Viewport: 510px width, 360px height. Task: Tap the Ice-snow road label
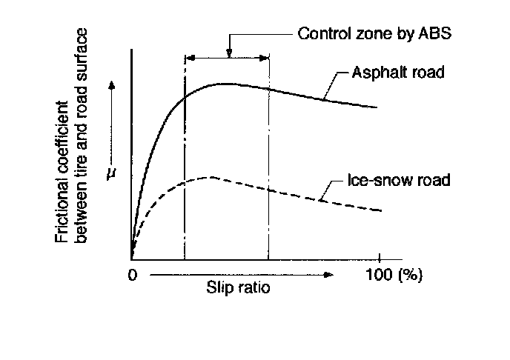point(399,180)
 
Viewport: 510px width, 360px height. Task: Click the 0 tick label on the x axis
point(132,276)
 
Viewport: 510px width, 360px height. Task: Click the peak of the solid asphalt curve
point(225,84)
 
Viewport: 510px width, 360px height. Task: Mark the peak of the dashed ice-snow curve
point(210,177)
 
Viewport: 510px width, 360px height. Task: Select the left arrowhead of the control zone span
point(188,57)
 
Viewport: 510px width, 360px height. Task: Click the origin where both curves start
point(132,259)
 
